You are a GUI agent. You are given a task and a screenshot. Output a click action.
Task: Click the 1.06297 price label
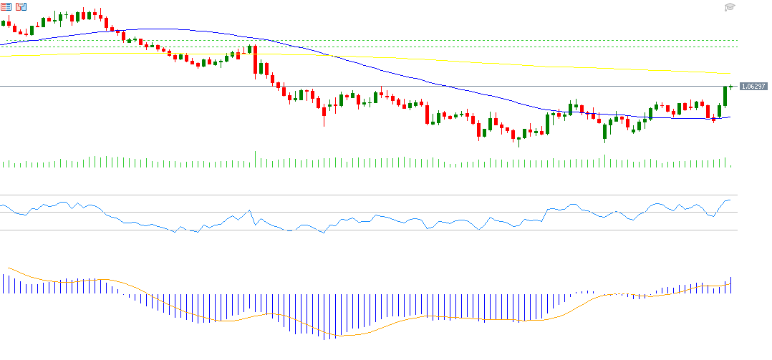pos(753,87)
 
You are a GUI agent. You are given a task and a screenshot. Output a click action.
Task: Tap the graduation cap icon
pos(730,7)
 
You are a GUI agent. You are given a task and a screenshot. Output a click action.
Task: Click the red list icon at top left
pos(6,6)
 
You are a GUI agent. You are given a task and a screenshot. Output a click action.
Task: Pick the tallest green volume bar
pos(255,159)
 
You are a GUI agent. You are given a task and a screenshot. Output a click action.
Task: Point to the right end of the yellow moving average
pos(729,73)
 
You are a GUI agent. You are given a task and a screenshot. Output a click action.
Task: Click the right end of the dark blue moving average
pos(729,117)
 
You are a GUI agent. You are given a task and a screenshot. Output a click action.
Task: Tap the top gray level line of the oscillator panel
pos(358,195)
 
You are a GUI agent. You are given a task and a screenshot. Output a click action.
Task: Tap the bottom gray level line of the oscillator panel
pos(358,230)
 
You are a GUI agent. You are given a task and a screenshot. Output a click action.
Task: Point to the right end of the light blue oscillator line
pos(730,200)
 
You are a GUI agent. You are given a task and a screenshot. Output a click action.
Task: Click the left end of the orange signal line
pos(7,268)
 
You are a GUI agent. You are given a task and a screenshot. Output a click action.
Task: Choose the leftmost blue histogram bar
pos(2,284)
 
